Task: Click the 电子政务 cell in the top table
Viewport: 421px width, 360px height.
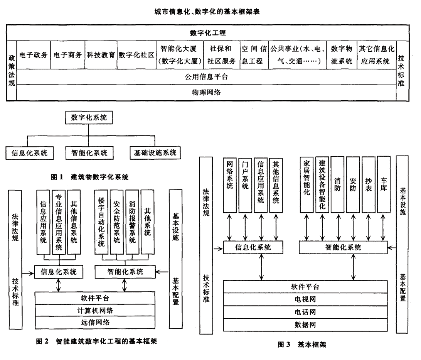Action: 34,55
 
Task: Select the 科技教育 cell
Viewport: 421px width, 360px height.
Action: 101,55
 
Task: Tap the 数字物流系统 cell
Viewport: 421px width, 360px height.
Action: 342,55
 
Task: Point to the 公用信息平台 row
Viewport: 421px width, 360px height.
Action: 207,76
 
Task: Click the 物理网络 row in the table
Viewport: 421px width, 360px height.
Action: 207,93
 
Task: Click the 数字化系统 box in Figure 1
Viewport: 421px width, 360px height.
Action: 89,118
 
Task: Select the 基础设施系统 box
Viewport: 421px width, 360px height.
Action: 155,152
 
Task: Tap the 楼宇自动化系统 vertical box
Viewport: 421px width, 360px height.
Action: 101,221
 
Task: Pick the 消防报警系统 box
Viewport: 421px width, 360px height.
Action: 132,221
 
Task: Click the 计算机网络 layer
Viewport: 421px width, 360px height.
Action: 95,310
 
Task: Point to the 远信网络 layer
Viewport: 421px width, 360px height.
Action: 95,322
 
